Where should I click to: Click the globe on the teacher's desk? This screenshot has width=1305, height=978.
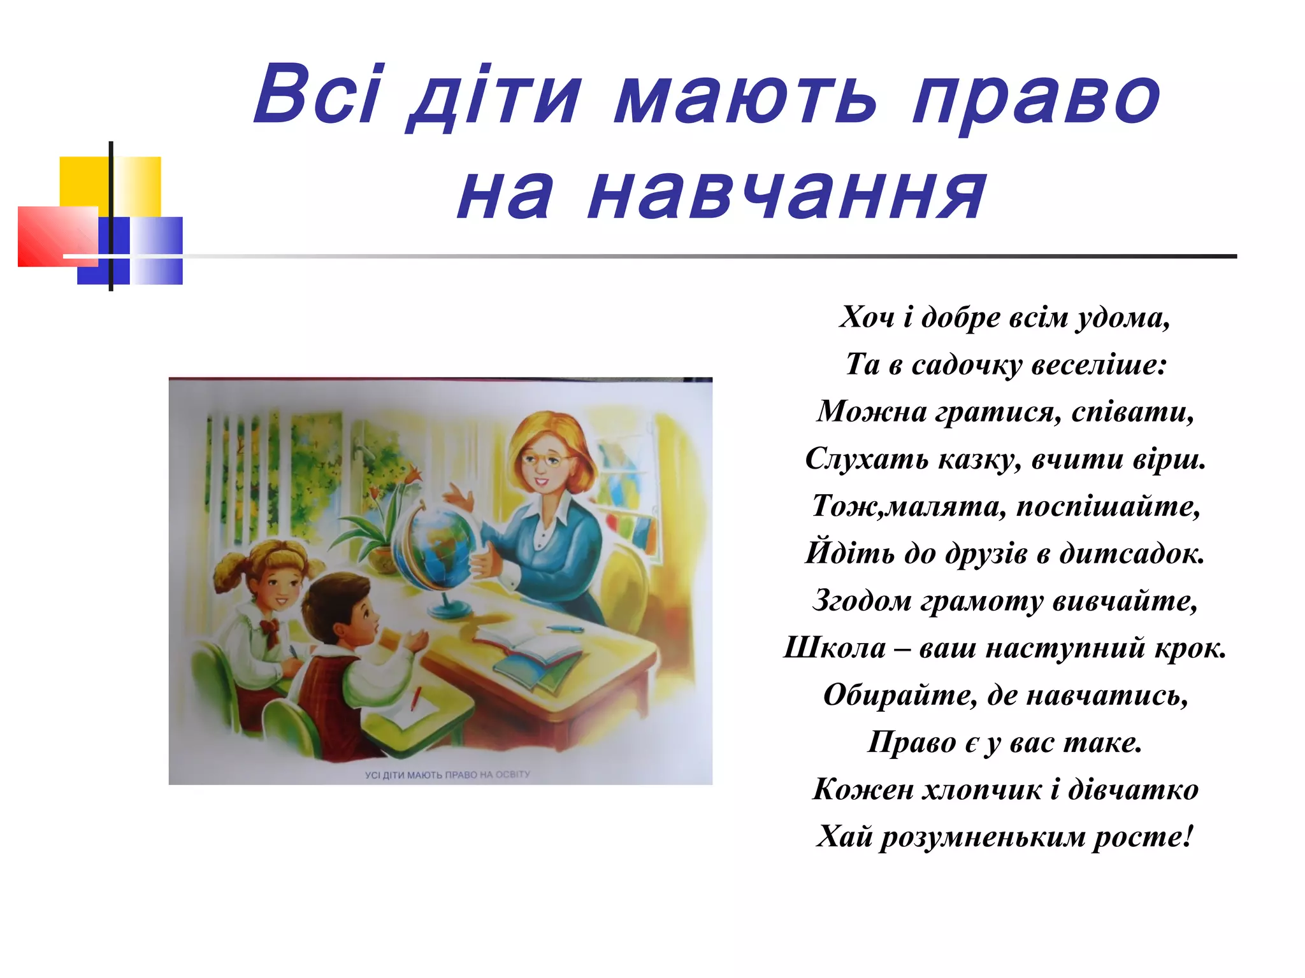point(440,548)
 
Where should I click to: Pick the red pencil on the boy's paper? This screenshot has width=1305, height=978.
point(415,699)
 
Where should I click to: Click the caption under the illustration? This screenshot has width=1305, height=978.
point(447,774)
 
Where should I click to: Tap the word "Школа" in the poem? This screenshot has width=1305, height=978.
point(835,648)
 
